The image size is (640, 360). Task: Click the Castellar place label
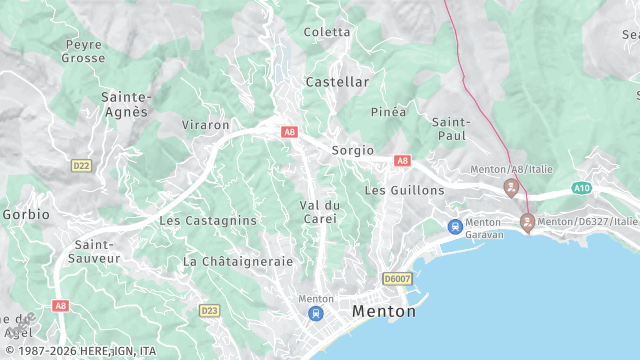(337, 81)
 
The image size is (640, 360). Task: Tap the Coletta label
(327, 32)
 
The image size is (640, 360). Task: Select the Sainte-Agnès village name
(126, 104)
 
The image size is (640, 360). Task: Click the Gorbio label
(25, 214)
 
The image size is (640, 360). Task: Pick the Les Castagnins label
(208, 220)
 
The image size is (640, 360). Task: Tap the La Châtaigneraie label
(238, 261)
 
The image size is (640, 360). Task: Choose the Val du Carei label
(319, 212)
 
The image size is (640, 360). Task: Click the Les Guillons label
(404, 189)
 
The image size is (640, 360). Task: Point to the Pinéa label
(388, 112)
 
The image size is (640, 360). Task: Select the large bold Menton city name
(384, 312)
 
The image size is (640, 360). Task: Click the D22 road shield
(81, 165)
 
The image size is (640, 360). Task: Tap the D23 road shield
(209, 311)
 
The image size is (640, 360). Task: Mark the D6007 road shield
(397, 279)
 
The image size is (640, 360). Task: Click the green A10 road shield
(582, 187)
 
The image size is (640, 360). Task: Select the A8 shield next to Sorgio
(402, 160)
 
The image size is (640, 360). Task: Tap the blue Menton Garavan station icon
(455, 226)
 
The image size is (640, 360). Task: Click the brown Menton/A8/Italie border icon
(511, 187)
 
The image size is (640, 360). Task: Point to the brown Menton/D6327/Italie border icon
(527, 222)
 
